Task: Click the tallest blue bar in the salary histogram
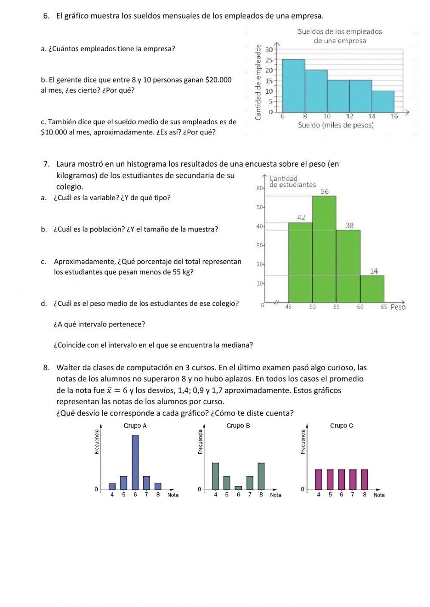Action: pos(293,85)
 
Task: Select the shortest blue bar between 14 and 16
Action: pos(383,101)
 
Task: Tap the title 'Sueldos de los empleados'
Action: pos(340,32)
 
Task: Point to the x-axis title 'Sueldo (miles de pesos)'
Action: pos(336,125)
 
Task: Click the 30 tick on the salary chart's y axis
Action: pos(269,49)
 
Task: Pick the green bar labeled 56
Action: pos(324,249)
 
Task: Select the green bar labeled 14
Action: pos(372,289)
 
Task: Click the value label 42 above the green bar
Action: pos(301,218)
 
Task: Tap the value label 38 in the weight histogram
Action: pos(349,226)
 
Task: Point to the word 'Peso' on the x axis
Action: pos(398,307)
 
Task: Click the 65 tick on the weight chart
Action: pos(384,307)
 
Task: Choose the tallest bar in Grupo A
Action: pos(135,463)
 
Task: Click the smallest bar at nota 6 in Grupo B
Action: pos(238,488)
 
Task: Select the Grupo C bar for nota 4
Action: pos(319,479)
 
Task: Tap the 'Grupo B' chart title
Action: pos(238,426)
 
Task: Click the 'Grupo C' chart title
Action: pos(341,426)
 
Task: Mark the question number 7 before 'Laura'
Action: pos(46,164)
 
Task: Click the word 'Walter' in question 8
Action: pos(68,368)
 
